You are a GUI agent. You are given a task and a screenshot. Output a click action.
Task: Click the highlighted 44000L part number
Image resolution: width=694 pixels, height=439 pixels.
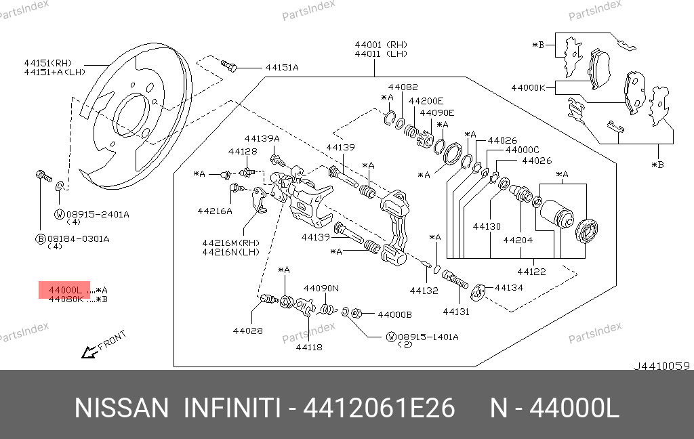65,290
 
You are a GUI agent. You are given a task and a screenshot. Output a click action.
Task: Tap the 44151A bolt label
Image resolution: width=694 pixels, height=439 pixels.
282,68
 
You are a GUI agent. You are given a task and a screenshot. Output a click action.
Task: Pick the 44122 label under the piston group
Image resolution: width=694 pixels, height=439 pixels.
532,272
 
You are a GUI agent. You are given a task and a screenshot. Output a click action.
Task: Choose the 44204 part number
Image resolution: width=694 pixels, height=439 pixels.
518,240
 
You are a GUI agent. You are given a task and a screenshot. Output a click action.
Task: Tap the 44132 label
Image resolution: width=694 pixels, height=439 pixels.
424,291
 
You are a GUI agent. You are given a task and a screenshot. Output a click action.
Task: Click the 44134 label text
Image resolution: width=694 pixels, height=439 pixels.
509,288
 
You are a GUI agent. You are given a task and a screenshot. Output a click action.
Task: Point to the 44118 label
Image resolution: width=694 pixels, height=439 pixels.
308,348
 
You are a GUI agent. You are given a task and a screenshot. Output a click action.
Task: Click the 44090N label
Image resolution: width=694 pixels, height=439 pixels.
321,288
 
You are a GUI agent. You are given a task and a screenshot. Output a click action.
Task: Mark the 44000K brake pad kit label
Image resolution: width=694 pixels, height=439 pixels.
529,87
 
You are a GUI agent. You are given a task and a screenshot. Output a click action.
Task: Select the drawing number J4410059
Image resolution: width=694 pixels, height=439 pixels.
661,366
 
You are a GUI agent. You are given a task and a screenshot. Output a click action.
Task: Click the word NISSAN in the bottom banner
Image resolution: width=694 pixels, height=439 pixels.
121,409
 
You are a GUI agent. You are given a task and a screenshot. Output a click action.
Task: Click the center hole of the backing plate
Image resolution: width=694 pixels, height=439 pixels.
131,114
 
